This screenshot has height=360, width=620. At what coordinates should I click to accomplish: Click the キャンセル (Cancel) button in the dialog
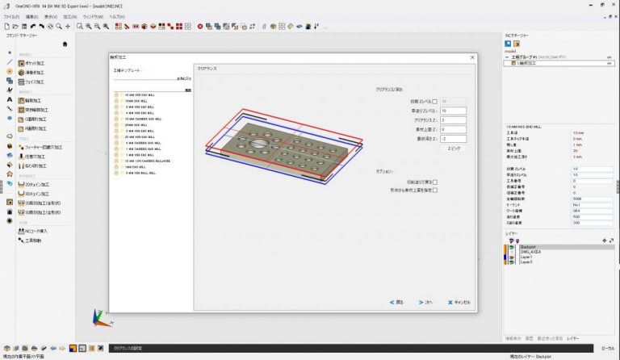(459, 302)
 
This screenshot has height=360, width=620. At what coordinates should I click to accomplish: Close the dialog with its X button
(471, 57)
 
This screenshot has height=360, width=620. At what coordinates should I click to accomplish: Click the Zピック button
(453, 149)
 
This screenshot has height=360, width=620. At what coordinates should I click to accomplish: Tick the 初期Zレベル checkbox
(434, 101)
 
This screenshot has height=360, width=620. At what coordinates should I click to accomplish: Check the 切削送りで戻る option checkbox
(434, 182)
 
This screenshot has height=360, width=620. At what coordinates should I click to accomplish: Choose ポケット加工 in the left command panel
(37, 62)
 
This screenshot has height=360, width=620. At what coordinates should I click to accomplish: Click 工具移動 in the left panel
(32, 241)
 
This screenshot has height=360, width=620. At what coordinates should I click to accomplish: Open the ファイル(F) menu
(11, 16)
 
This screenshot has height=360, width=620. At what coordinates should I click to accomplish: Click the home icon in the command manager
(65, 44)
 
